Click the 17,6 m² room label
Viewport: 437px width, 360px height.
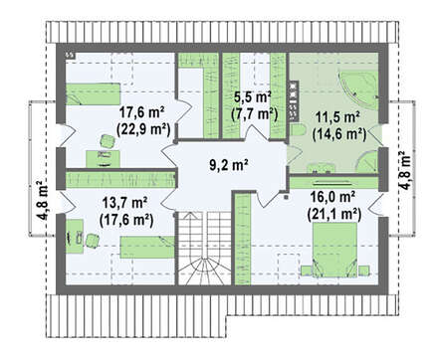point(141,112)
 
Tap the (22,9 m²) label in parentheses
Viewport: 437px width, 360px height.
point(143,129)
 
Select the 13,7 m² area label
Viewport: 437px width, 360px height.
point(124,202)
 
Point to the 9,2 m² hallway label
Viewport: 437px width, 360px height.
point(229,165)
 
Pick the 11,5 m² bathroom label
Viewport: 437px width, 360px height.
point(338,117)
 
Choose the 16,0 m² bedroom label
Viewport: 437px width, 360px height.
point(333,197)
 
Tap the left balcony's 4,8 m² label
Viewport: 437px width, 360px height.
point(43,201)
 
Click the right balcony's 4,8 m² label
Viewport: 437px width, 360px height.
point(404,171)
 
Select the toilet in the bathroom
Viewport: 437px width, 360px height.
point(299,130)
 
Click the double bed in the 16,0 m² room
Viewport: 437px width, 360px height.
point(335,250)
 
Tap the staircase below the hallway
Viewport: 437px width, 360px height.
point(204,248)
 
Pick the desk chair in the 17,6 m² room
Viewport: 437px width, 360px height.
point(107,141)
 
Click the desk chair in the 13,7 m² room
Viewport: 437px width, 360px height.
point(92,241)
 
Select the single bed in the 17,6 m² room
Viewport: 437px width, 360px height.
point(93,93)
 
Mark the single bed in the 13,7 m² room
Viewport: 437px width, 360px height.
point(147,247)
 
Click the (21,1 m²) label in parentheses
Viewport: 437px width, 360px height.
point(333,215)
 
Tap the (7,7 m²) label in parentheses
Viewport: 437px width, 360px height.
point(254,114)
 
